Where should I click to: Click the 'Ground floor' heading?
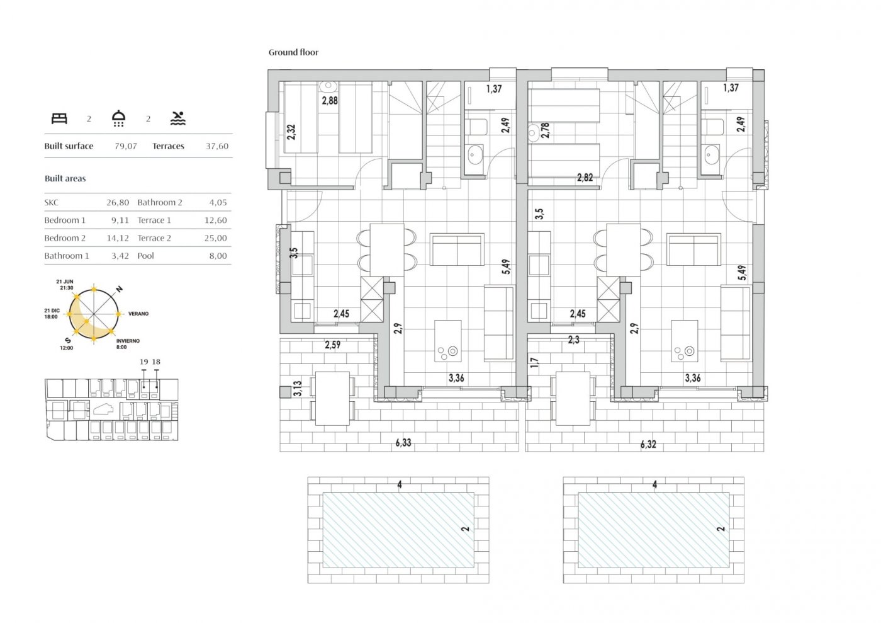pyautogui.click(x=293, y=52)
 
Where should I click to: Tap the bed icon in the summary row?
pyautogui.click(x=59, y=118)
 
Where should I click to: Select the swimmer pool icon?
pyautogui.click(x=178, y=118)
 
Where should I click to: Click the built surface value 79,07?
pyautogui.click(x=126, y=146)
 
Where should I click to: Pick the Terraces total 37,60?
pyautogui.click(x=217, y=146)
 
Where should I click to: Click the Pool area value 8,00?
pyautogui.click(x=218, y=256)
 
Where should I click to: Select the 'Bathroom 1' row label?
pyautogui.click(x=67, y=256)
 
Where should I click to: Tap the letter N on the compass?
pyautogui.click(x=120, y=289)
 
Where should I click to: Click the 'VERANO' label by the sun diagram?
pyautogui.click(x=138, y=314)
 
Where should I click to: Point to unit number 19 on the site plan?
pyautogui.click(x=144, y=362)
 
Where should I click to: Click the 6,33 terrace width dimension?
pyautogui.click(x=403, y=443)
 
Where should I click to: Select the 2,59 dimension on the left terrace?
pyautogui.click(x=333, y=345)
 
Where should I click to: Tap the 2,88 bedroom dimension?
pyautogui.click(x=330, y=100)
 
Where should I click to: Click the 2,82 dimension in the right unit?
pyautogui.click(x=585, y=177)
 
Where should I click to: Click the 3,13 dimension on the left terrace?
pyautogui.click(x=298, y=389)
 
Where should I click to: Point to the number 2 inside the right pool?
pyautogui.click(x=721, y=529)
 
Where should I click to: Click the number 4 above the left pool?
pyautogui.click(x=400, y=484)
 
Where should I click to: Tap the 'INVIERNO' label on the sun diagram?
pyautogui.click(x=128, y=341)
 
